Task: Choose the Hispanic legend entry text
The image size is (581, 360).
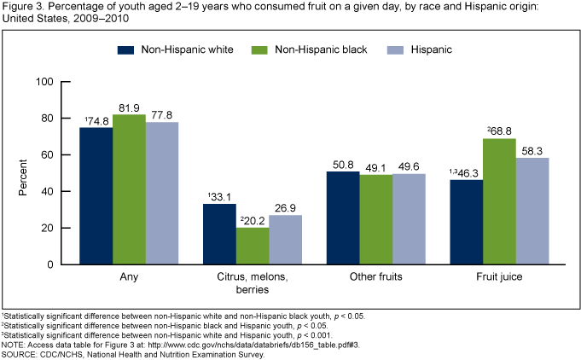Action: click(x=429, y=49)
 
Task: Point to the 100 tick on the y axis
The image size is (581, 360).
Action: click(x=44, y=82)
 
